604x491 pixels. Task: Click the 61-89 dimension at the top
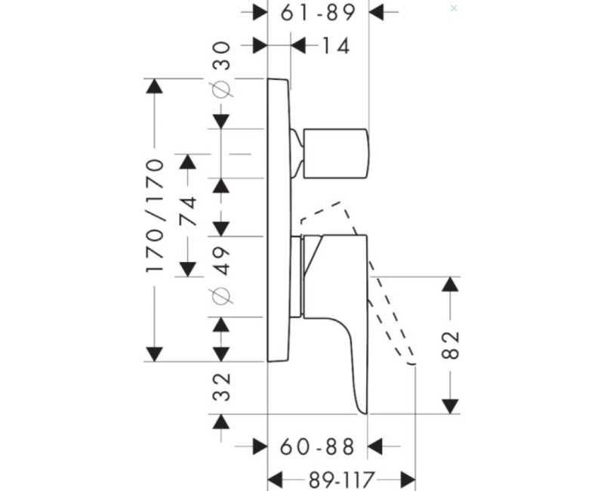[x=317, y=13]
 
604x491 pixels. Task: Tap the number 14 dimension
[x=335, y=46]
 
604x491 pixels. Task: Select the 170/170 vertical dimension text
[x=155, y=216]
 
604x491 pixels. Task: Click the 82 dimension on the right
[x=451, y=345]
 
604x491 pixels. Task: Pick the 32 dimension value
[x=221, y=387]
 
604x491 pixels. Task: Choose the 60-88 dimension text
[x=316, y=447]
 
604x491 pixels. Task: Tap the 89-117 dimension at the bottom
[x=341, y=480]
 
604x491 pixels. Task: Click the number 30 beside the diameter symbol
[x=221, y=56]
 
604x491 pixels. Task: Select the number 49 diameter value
[x=221, y=261]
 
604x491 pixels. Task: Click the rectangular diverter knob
[x=336, y=154]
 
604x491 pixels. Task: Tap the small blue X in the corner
[x=454, y=8]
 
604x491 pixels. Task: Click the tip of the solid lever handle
[x=363, y=412]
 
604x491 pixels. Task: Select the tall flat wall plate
[x=279, y=221]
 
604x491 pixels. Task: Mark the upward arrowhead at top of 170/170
[x=155, y=85]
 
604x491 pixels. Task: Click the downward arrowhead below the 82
[x=451, y=406]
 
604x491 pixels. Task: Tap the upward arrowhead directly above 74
[x=188, y=162]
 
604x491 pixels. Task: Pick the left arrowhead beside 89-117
[x=275, y=480]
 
